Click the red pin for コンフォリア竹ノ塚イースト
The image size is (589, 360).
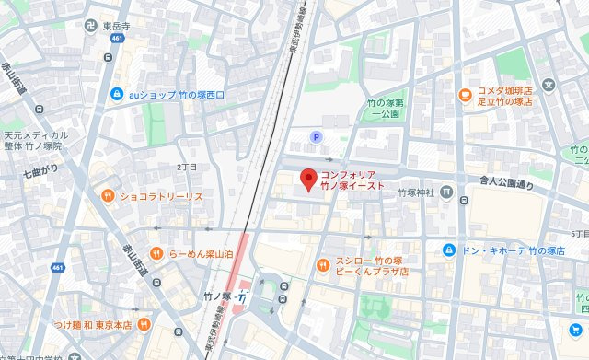click(309, 179)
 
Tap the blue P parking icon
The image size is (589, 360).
click(317, 137)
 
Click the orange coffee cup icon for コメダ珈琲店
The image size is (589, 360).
click(465, 94)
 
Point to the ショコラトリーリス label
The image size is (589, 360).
click(163, 194)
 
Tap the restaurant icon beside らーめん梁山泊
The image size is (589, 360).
click(157, 251)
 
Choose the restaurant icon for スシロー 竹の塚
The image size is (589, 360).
click(323, 266)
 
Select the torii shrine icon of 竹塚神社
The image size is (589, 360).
click(446, 192)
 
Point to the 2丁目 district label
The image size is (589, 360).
click(187, 167)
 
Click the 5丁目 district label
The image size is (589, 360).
click(579, 235)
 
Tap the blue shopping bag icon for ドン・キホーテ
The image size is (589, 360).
click(447, 250)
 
